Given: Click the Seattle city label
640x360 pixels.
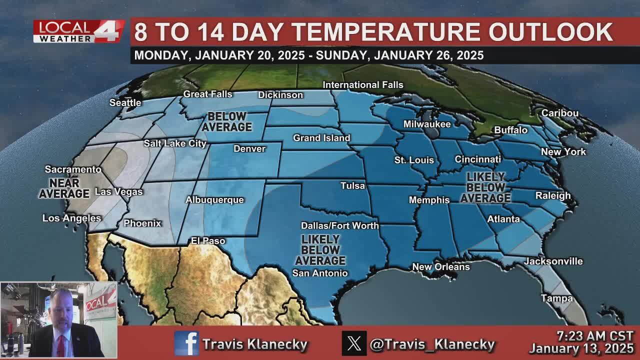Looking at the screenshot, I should pyautogui.click(x=125, y=102).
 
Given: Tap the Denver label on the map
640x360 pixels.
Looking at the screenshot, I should pyautogui.click(x=249, y=149).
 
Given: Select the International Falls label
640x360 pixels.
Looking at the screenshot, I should pyautogui.click(x=362, y=85).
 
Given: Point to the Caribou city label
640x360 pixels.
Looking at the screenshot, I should pyautogui.click(x=559, y=113).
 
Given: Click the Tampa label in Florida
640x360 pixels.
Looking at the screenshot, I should pyautogui.click(x=556, y=298).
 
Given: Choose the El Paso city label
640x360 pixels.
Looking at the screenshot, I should pyautogui.click(x=208, y=241).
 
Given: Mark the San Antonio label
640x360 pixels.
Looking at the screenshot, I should pyautogui.click(x=319, y=273).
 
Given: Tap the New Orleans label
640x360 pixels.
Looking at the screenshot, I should pyautogui.click(x=440, y=267).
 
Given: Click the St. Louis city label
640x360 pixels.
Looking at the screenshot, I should pyautogui.click(x=414, y=160).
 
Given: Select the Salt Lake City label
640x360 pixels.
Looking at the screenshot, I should pyautogui.click(x=175, y=143).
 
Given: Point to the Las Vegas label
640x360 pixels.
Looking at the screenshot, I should pyautogui.click(x=118, y=192).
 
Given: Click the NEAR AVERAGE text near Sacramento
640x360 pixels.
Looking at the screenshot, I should pyautogui.click(x=64, y=188).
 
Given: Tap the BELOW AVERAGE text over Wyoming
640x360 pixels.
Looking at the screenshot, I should pyautogui.click(x=226, y=121).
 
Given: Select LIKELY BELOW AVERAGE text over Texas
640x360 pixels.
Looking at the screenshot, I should pyautogui.click(x=320, y=250).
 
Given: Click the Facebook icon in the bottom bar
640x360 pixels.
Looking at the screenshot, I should pyautogui.click(x=186, y=343).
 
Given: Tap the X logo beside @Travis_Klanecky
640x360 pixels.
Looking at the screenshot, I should pyautogui.click(x=354, y=343).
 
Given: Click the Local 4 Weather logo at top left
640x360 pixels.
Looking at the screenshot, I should pyautogui.click(x=78, y=31).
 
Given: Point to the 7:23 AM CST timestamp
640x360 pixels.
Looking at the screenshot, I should pyautogui.click(x=595, y=336).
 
